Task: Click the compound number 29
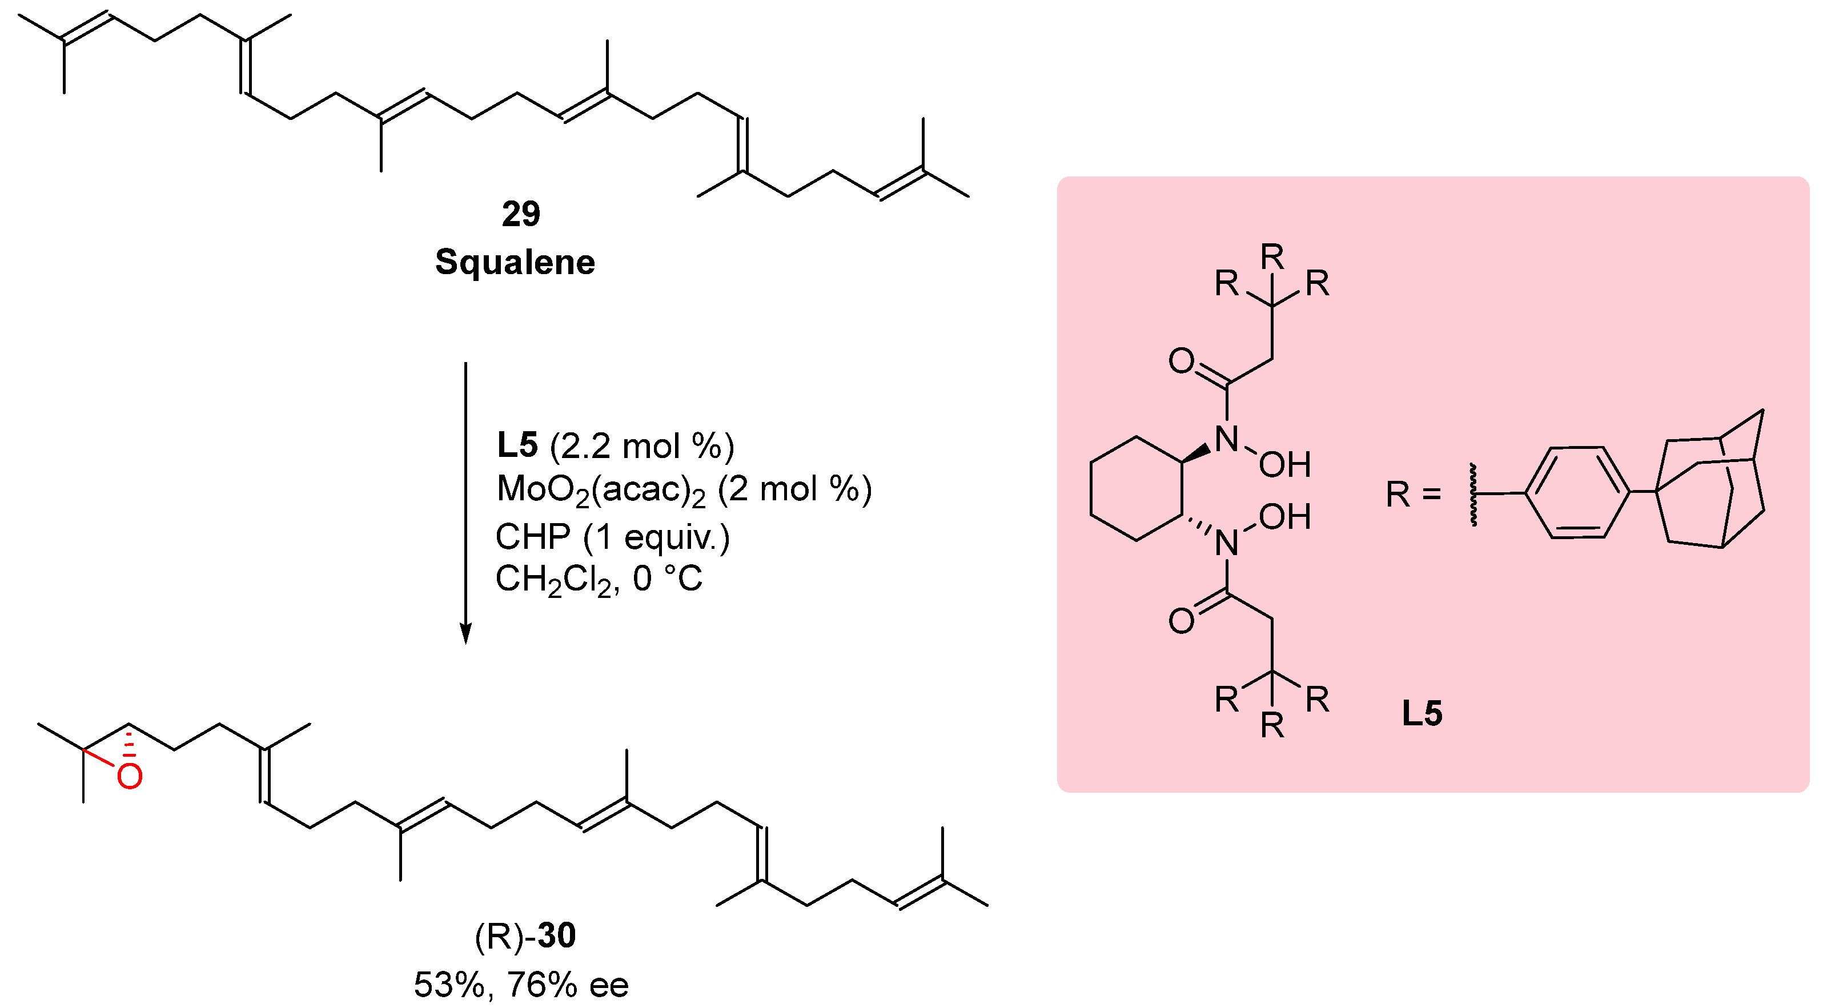tap(520, 214)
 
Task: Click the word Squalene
tap(515, 262)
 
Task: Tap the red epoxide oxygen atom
tap(130, 776)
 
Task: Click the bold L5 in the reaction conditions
tap(517, 445)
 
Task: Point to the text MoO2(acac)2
tap(601, 491)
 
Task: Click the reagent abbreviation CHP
tap(532, 537)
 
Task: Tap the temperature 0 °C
tap(666, 579)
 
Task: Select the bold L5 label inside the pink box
tap(1422, 713)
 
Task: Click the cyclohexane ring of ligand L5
tap(1137, 489)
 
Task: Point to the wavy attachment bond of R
tap(1473, 495)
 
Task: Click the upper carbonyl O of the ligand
tap(1181, 361)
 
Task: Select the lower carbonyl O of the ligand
tap(1181, 621)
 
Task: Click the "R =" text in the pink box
tap(1413, 494)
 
